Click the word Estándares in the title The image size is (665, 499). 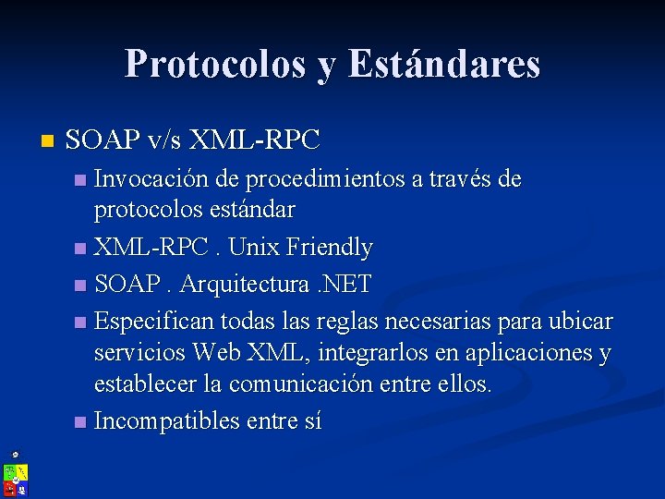[444, 64]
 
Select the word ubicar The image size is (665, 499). [582, 321]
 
